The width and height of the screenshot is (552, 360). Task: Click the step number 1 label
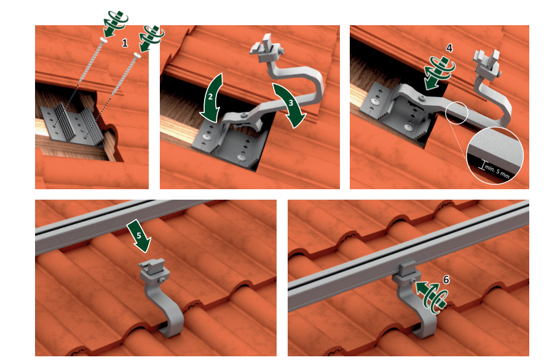[x=125, y=43]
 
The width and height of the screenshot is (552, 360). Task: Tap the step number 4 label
[x=449, y=47]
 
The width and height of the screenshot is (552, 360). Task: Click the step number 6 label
[x=446, y=279]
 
